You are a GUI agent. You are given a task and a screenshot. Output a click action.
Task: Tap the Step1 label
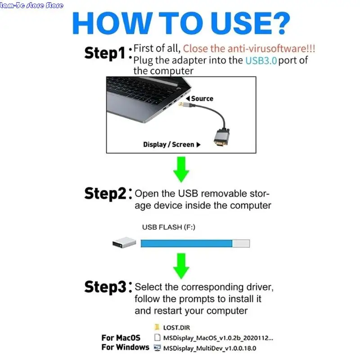(x=104, y=53)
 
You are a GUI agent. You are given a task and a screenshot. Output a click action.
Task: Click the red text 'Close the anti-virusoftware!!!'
(x=249, y=48)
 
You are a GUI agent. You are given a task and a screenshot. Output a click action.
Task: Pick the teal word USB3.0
(x=261, y=60)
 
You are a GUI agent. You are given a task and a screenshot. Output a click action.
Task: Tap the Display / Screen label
(x=169, y=144)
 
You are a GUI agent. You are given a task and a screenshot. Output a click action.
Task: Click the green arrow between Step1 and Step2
(x=181, y=168)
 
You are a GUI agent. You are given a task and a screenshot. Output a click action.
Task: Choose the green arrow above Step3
(x=181, y=265)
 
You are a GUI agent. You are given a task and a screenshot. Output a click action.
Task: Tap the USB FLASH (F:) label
(x=168, y=227)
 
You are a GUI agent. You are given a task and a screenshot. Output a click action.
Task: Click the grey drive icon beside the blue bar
(x=124, y=243)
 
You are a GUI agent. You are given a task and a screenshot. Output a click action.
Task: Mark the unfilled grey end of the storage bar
(x=241, y=243)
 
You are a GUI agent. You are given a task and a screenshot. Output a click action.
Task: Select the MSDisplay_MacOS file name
(x=218, y=337)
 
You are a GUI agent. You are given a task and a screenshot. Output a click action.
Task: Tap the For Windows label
(x=125, y=347)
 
